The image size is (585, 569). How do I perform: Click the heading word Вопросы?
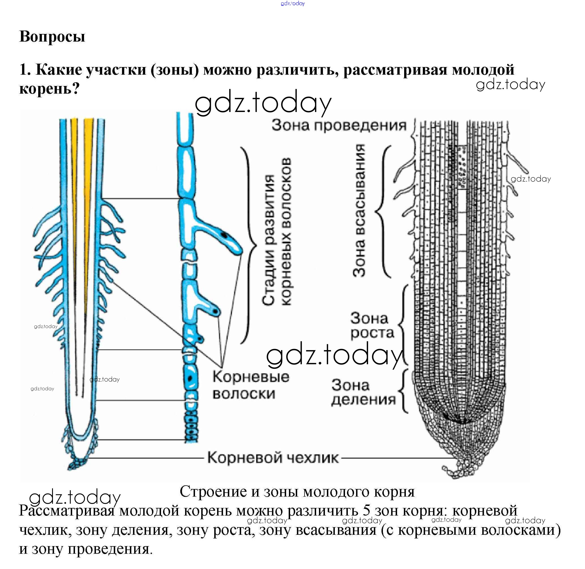coord(52,36)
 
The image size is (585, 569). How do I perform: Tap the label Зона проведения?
coord(339,126)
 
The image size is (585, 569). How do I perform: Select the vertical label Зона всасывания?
coord(359,210)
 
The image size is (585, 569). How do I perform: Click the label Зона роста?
coord(372,326)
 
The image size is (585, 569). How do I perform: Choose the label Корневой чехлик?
coord(273,458)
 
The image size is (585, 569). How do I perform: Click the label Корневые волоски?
coord(251,385)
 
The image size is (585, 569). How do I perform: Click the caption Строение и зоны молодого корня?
coord(297,491)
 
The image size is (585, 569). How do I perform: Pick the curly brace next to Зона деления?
coord(404,391)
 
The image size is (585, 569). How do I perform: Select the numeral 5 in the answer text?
coord(367,511)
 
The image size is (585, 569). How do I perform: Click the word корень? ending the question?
coord(49,88)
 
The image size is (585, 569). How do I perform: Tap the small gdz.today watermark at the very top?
coord(293,4)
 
